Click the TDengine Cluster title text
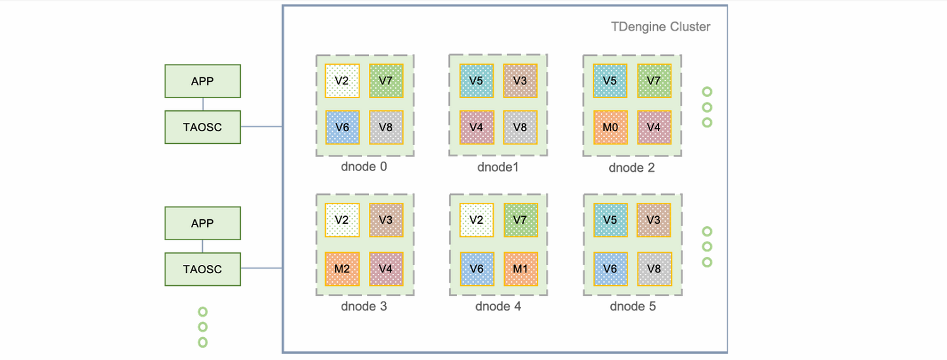pyautogui.click(x=660, y=27)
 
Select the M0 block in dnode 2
pyautogui.click(x=610, y=127)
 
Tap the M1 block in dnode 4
pyautogui.click(x=521, y=269)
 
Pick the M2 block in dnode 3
pyautogui.click(x=342, y=269)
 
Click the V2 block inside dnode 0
pyautogui.click(x=342, y=80)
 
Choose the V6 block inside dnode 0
pyautogui.click(x=342, y=127)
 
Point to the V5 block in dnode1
pyautogui.click(x=477, y=80)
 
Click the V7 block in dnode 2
pyautogui.click(x=654, y=80)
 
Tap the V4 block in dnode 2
pyautogui.click(x=654, y=127)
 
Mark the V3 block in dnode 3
pyautogui.click(x=386, y=220)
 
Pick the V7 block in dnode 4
pyautogui.click(x=521, y=220)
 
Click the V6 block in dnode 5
pyautogui.click(x=610, y=269)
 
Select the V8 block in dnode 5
pyautogui.click(x=654, y=269)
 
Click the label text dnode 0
pyautogui.click(x=364, y=167)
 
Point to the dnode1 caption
pyautogui.click(x=498, y=167)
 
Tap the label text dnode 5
pyautogui.click(x=632, y=307)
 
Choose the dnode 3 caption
pyautogui.click(x=364, y=307)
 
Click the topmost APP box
pyautogui.click(x=202, y=81)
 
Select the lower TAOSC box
pyautogui.click(x=202, y=269)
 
